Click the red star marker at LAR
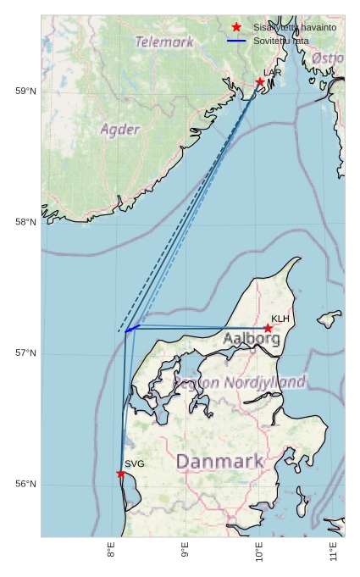pyautogui.click(x=260, y=82)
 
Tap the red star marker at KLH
pyautogui.click(x=268, y=328)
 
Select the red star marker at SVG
pyautogui.click(x=121, y=474)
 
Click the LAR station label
pyautogui.click(x=272, y=73)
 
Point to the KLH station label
pyautogui.click(x=280, y=319)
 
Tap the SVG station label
pyautogui.click(x=135, y=464)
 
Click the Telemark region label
pyautogui.click(x=163, y=41)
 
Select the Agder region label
pyautogui.click(x=119, y=130)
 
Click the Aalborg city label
pyautogui.click(x=252, y=339)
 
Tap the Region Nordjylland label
pyautogui.click(x=240, y=383)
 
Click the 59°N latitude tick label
pyautogui.click(x=26, y=92)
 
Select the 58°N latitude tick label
pyautogui.click(x=26, y=222)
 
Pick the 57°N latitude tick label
pyautogui.click(x=26, y=353)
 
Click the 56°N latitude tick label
pyautogui.click(x=26, y=484)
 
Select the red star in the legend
pyautogui.click(x=236, y=27)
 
